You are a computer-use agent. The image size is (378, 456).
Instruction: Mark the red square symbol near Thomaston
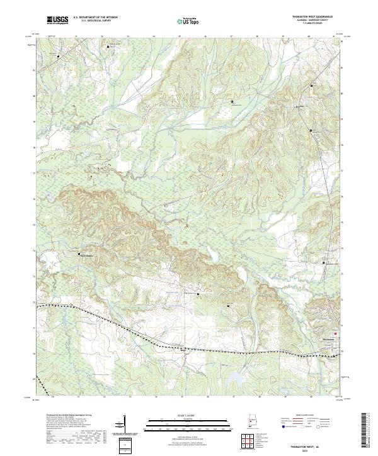click(336, 333)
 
